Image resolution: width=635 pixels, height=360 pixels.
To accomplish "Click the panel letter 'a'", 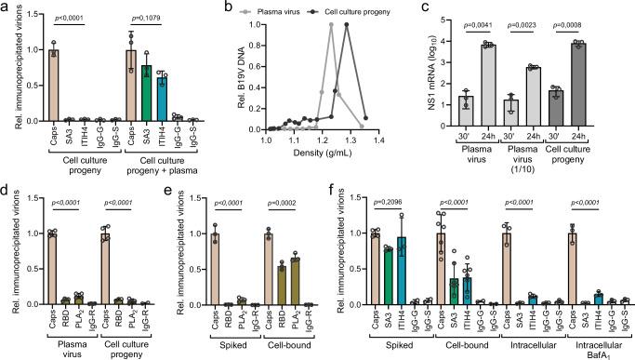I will [6, 7].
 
